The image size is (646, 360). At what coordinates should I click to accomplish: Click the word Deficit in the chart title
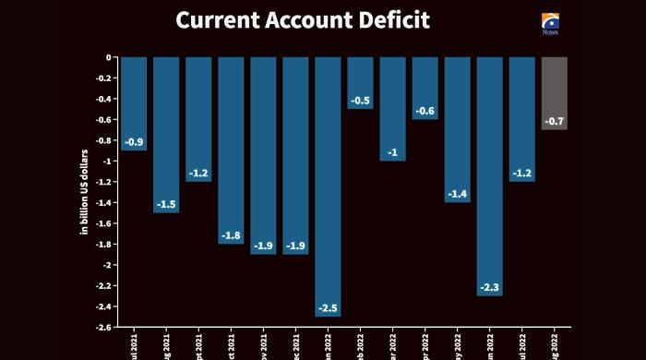tap(389, 19)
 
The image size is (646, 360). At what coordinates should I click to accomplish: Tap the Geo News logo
tap(551, 22)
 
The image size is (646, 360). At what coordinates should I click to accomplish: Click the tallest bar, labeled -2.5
tap(329, 185)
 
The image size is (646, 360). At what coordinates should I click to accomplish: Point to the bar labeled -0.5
tap(361, 82)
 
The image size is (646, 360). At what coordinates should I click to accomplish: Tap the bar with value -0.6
tap(425, 88)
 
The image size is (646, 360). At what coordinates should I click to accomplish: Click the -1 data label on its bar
tap(393, 152)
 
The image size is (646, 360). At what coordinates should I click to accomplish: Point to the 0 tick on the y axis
tap(109, 57)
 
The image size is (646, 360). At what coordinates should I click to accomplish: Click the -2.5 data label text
tap(329, 306)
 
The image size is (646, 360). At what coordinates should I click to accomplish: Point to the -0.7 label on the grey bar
tap(555, 121)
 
